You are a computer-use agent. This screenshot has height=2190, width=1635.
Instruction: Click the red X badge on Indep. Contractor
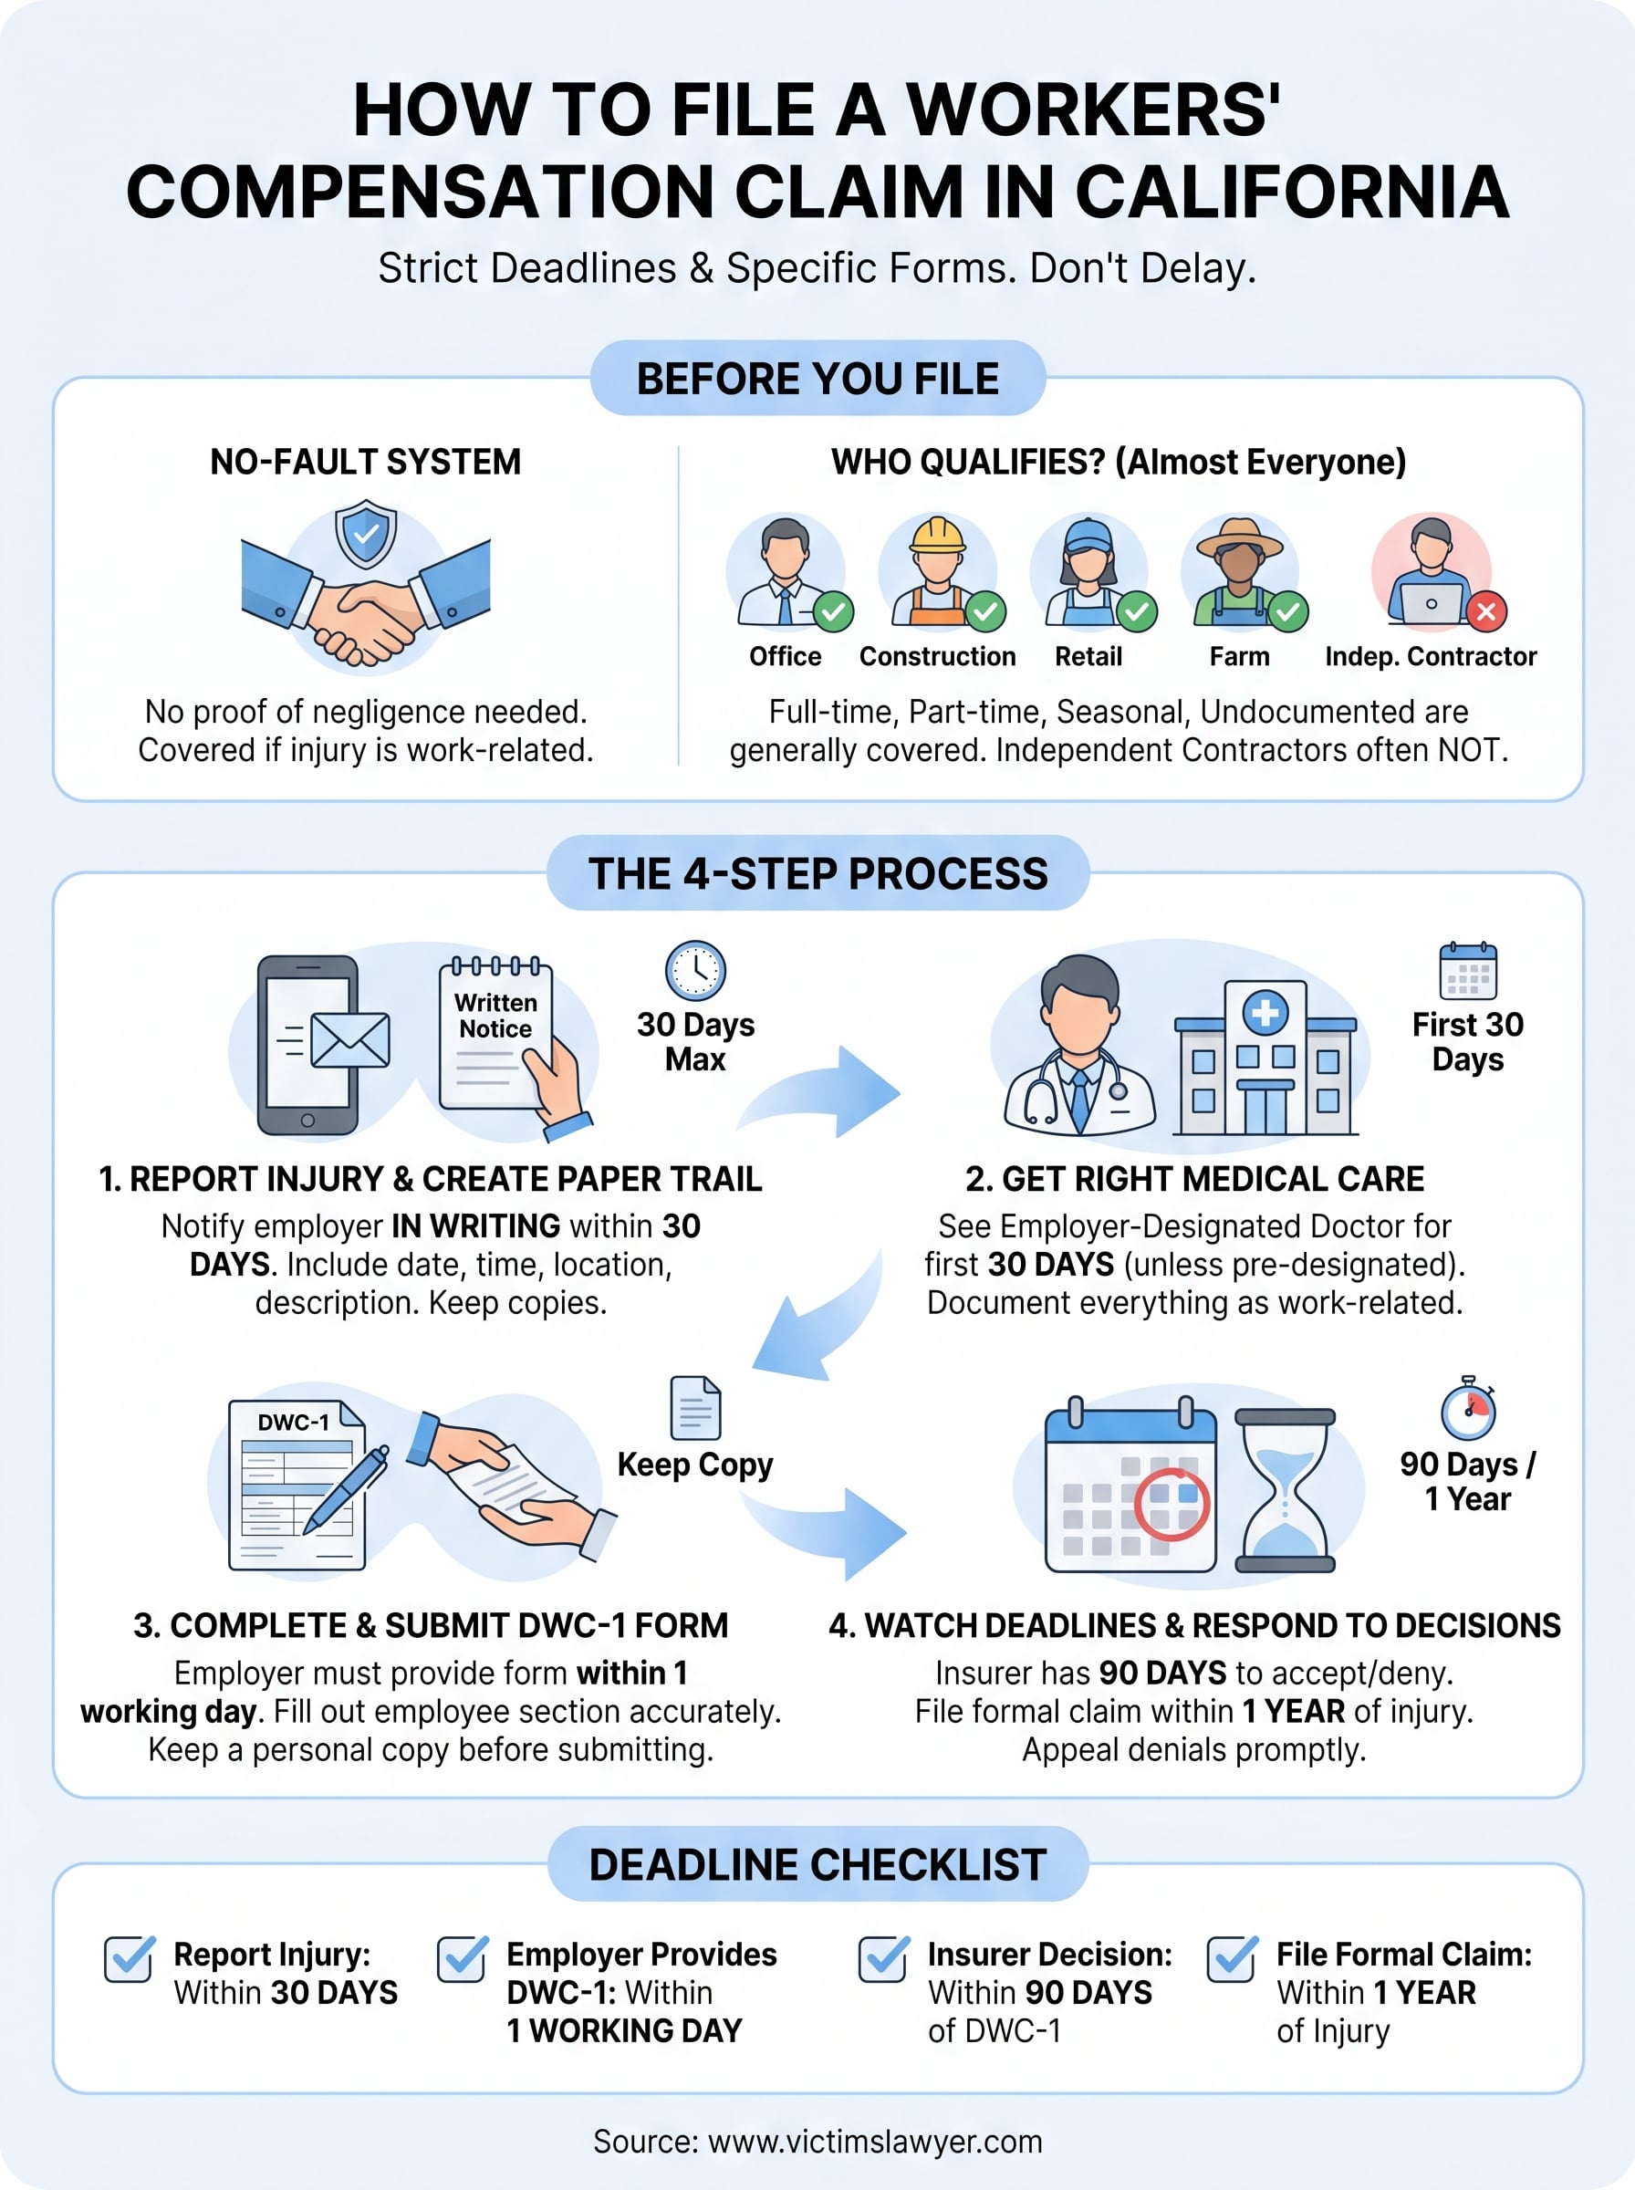click(x=1485, y=611)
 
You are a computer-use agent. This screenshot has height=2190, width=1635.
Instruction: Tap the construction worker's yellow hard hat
click(x=937, y=536)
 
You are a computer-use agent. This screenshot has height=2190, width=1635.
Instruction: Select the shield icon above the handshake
click(x=365, y=534)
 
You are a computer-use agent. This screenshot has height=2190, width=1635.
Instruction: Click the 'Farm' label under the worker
click(x=1239, y=656)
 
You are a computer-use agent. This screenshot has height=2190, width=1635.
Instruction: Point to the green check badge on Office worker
click(x=833, y=611)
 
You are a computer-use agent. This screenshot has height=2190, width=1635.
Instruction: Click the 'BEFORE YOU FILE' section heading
click(x=817, y=379)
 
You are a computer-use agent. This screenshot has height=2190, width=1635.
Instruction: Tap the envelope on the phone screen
click(x=349, y=1040)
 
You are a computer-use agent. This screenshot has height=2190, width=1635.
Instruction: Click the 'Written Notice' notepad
click(x=495, y=1034)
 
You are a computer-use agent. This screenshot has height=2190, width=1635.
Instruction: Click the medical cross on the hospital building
click(x=1265, y=1012)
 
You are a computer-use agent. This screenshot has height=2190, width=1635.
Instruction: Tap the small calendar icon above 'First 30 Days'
click(x=1468, y=971)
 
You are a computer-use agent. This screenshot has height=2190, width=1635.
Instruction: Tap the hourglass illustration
click(x=1285, y=1490)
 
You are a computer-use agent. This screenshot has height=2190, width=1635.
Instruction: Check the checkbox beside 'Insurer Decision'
click(x=883, y=1958)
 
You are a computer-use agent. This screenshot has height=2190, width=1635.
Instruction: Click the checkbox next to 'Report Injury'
click(x=129, y=1958)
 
